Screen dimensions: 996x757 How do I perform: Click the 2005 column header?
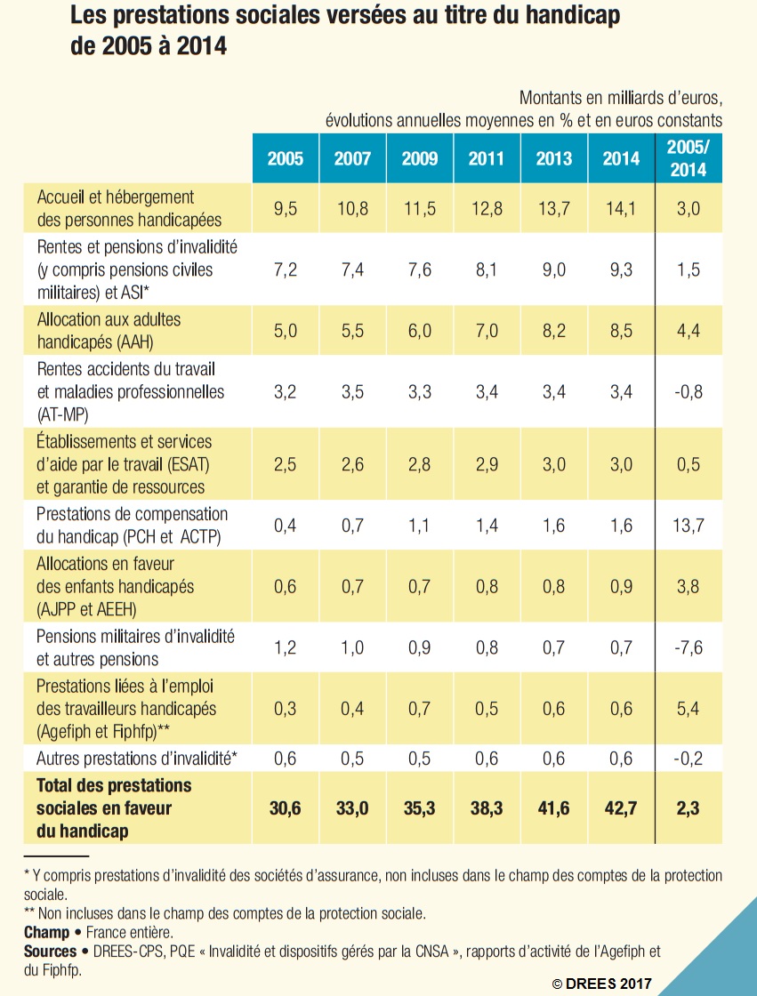[286, 159]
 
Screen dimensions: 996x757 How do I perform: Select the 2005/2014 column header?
[689, 159]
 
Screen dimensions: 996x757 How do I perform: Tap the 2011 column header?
[487, 159]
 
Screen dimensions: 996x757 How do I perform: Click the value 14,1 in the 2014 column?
[621, 208]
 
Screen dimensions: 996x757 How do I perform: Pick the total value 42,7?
[621, 807]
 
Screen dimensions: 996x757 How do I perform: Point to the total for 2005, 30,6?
[286, 807]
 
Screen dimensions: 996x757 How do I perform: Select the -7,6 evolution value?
[689, 647]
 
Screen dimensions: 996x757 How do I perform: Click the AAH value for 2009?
[420, 330]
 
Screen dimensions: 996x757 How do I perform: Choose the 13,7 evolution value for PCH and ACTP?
[689, 526]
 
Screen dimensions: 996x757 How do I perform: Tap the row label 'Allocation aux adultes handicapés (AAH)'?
[102, 330]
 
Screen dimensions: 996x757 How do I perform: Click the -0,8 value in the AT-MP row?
[689, 391]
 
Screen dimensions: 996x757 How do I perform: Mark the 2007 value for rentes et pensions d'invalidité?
[352, 269]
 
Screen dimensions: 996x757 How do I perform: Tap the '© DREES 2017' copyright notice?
[602, 983]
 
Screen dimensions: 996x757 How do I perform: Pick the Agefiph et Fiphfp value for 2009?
[420, 709]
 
